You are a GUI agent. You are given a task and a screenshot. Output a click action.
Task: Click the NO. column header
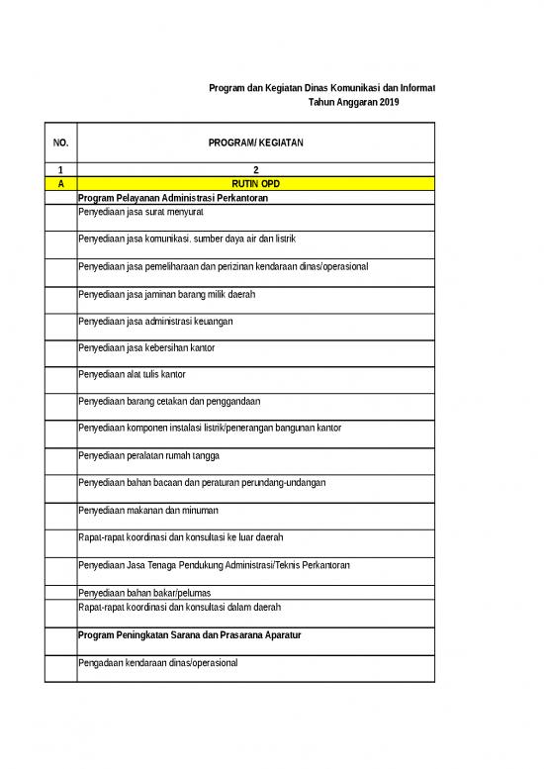tap(60, 144)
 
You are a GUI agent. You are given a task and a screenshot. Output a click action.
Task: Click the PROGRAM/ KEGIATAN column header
tap(255, 144)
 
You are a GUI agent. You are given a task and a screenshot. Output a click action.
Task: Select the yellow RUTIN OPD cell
tap(255, 184)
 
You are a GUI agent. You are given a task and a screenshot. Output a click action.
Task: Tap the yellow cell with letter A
tap(60, 184)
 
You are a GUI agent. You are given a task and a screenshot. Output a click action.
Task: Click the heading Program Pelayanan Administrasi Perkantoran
tap(172, 198)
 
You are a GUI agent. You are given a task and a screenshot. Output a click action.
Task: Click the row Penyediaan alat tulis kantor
tap(132, 375)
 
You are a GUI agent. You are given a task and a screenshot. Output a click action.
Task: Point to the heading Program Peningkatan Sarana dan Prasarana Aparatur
tap(188, 632)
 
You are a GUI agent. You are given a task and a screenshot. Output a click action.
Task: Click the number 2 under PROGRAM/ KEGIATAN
tap(255, 170)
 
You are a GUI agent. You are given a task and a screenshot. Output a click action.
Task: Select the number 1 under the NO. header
tap(60, 170)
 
